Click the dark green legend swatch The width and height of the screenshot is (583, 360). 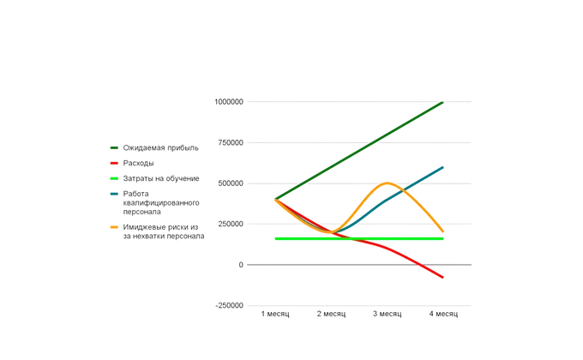click(x=114, y=148)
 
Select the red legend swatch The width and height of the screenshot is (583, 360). click(x=114, y=162)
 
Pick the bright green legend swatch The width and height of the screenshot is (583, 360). click(x=114, y=178)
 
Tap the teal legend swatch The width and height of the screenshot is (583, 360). click(x=114, y=194)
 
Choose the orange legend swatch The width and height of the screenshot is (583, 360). click(x=114, y=226)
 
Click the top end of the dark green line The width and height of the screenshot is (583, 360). click(x=444, y=101)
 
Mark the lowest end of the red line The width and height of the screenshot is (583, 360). click(x=444, y=278)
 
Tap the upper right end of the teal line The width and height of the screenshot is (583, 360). click(x=444, y=164)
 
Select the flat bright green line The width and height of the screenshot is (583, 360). click(x=360, y=239)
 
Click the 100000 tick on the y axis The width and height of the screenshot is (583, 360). click(x=230, y=102)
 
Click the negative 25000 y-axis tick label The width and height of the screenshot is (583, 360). click(x=230, y=304)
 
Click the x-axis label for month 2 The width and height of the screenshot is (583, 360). click(x=332, y=315)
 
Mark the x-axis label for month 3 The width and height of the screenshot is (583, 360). click(x=388, y=315)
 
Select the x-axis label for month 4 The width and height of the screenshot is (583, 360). click(x=444, y=315)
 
